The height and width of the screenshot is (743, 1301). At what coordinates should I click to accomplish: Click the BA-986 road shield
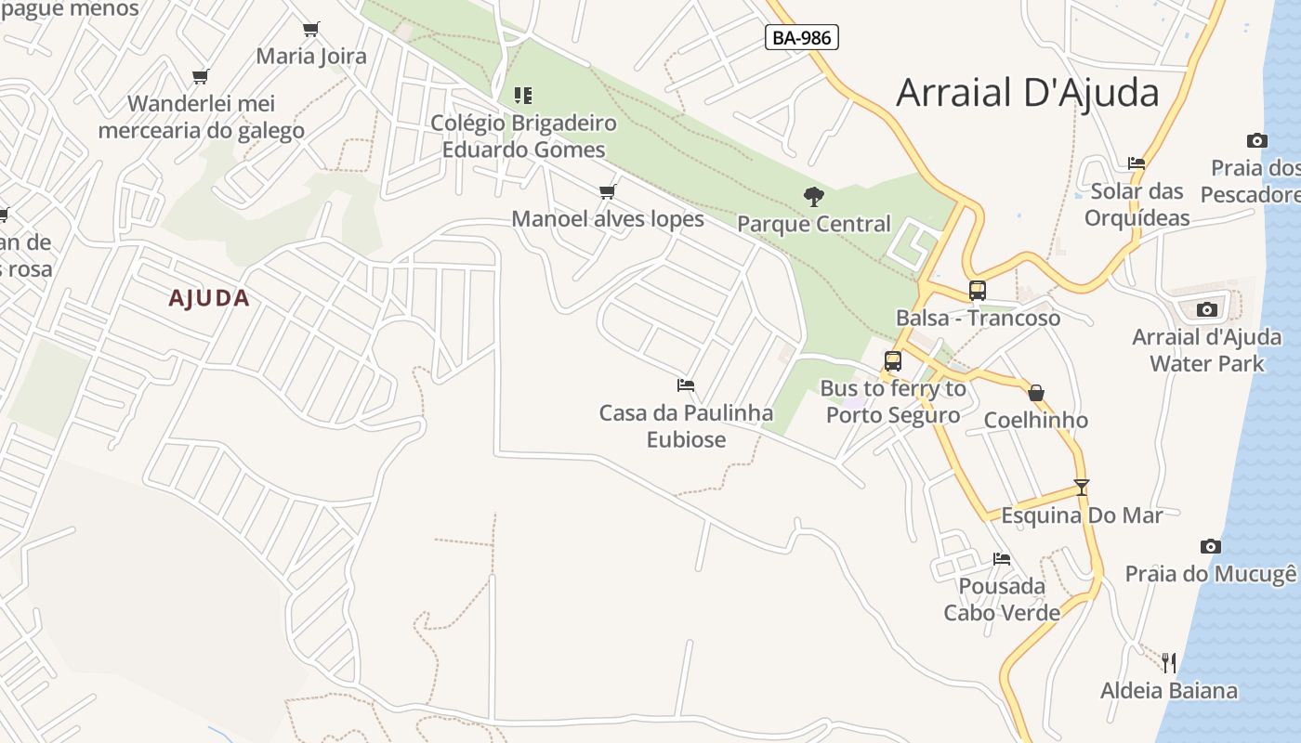coord(802,37)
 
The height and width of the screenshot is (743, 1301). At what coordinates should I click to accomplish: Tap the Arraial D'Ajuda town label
coord(1027,93)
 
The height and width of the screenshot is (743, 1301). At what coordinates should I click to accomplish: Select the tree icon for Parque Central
coord(814,196)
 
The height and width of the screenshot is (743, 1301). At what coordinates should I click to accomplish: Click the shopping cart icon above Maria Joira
coord(311,29)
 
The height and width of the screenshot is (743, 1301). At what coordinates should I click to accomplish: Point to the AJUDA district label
coord(209,298)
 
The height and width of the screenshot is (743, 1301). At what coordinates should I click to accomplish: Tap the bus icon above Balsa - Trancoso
coord(977,290)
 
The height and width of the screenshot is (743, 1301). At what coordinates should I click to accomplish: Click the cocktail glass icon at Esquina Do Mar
coord(1081,487)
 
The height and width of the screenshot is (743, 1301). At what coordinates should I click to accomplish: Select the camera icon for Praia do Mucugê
coord(1210,546)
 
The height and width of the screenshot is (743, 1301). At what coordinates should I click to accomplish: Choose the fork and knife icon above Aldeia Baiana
coord(1169,662)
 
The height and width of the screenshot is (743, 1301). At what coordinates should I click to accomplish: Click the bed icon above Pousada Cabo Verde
coord(1002,558)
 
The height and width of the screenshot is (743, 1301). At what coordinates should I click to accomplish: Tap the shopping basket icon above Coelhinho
coord(1036,393)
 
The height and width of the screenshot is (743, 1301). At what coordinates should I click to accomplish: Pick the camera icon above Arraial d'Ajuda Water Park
coord(1207,309)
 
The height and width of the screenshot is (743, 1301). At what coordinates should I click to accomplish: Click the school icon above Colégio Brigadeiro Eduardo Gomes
coord(523,95)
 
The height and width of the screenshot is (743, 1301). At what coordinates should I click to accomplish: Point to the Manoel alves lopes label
coord(608,219)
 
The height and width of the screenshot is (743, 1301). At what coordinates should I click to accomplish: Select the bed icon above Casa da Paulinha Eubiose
coord(686,385)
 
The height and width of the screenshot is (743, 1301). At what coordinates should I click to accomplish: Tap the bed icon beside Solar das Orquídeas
coord(1137,163)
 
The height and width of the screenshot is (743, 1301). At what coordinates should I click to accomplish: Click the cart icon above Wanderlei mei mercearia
coord(201,76)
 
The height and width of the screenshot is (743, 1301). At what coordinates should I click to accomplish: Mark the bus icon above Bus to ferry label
coord(893,361)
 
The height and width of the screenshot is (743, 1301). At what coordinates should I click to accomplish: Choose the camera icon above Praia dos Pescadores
coord(1257,140)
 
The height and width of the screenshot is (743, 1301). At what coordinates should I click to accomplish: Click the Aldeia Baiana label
coord(1169,690)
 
